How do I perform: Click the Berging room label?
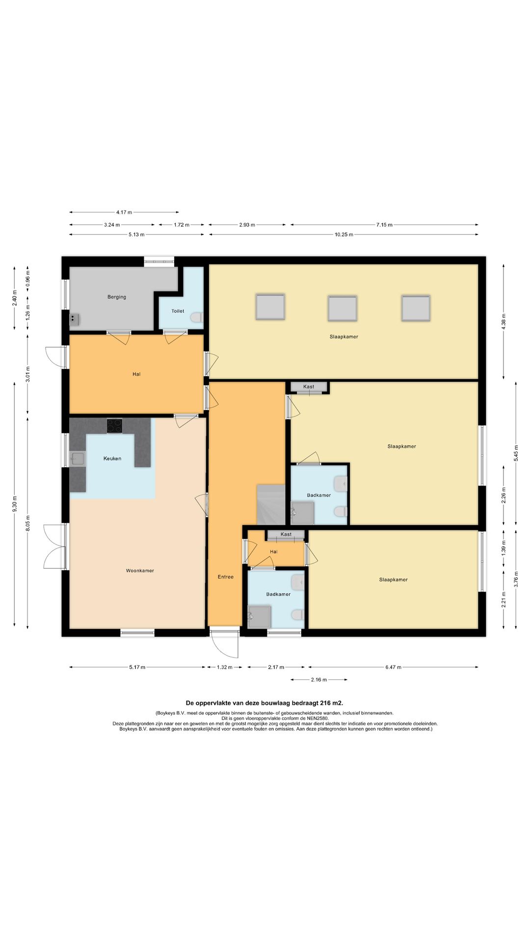click(117, 297)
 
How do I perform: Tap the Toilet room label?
click(178, 311)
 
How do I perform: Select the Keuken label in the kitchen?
click(112, 459)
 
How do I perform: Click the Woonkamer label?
click(140, 571)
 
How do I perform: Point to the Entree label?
click(226, 577)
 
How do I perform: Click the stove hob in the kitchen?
click(115, 426)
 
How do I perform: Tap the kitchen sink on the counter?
click(77, 459)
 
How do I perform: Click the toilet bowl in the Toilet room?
click(197, 317)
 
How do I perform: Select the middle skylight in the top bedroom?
click(343, 308)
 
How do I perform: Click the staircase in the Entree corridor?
click(271, 504)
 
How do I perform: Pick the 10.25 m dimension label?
click(344, 235)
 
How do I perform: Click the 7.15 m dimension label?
click(384, 225)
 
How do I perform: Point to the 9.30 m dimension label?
click(15, 504)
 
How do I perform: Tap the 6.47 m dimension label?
click(393, 667)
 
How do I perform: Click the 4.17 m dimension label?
click(124, 212)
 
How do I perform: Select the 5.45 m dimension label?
click(516, 453)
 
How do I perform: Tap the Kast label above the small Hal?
click(286, 534)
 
